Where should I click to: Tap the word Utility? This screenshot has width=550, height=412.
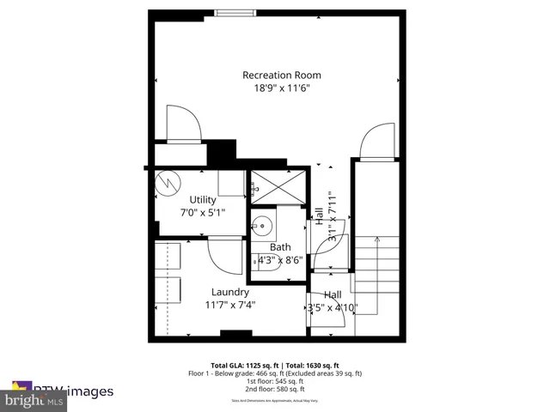203,200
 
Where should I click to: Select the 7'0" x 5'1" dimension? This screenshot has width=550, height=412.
203,213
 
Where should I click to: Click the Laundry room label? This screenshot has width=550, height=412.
229,292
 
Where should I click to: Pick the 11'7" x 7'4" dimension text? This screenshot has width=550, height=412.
229,305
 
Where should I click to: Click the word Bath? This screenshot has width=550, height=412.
280,247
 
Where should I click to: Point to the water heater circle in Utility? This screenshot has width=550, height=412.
168,183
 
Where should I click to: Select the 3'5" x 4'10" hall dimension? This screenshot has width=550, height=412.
333,308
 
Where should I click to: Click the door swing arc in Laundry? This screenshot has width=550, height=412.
222,252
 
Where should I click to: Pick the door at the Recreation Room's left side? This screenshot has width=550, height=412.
183,124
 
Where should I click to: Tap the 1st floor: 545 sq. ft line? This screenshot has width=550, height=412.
275,382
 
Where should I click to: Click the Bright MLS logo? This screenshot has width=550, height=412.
34,400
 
